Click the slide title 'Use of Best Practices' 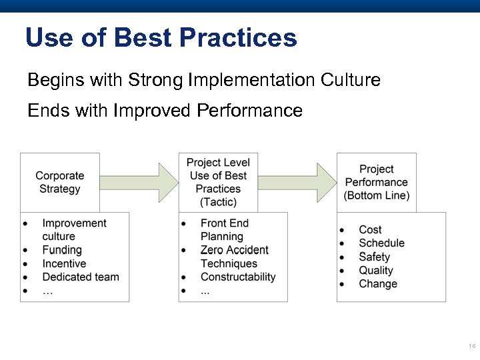161,37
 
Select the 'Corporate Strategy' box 60,182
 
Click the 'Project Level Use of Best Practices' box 218,182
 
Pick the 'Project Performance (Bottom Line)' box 377,182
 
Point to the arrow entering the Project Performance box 297,182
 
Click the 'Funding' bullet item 61,250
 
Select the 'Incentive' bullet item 64,263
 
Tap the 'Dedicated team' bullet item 80,277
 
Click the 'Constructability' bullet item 238,277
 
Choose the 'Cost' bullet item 370,230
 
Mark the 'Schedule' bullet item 381,243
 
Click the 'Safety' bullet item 374,257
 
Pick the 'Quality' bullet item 376,270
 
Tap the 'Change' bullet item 378,283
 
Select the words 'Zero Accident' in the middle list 234,250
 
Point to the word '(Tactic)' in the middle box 218,202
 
